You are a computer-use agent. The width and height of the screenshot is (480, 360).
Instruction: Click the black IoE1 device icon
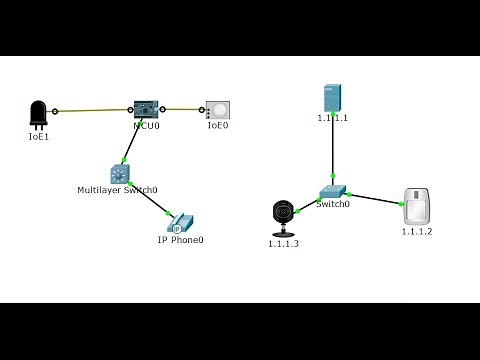pyautogui.click(x=38, y=114)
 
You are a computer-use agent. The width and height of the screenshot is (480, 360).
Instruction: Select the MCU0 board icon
pyautogui.click(x=146, y=109)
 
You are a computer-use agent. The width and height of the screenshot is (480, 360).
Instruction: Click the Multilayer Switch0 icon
pyautogui.click(x=120, y=174)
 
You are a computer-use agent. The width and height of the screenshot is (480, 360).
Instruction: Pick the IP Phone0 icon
pyautogui.click(x=180, y=224)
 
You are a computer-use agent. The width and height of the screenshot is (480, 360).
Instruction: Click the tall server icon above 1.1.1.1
pyautogui.click(x=332, y=98)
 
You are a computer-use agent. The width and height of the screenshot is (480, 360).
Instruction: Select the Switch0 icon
pyautogui.click(x=333, y=191)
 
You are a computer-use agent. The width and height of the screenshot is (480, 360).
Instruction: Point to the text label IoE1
pyautogui.click(x=38, y=136)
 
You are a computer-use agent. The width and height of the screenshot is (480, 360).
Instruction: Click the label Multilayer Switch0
pyautogui.click(x=117, y=190)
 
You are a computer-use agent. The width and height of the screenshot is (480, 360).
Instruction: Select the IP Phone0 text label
pyautogui.click(x=180, y=240)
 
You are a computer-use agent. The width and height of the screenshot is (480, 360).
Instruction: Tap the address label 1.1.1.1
pyautogui.click(x=332, y=118)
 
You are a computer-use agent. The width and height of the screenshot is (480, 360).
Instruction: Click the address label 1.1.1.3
pyautogui.click(x=283, y=244)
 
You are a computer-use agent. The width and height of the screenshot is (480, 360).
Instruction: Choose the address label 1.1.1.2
pyautogui.click(x=417, y=232)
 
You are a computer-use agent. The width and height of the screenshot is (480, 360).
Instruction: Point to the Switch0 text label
pyautogui.click(x=333, y=204)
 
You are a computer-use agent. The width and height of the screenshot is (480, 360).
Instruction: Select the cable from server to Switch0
pyautogui.click(x=332, y=150)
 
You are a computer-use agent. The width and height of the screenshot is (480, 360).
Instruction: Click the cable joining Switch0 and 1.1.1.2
pyautogui.click(x=375, y=198)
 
